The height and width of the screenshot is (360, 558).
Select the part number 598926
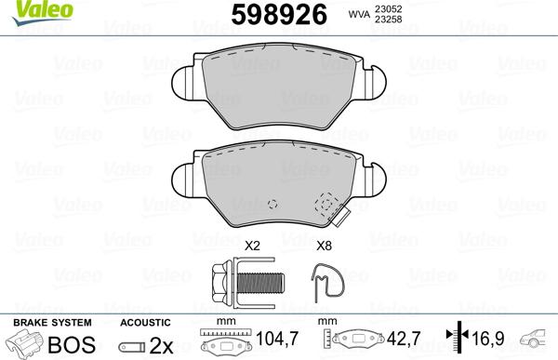[275, 16]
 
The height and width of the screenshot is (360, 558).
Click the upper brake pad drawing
[279, 88]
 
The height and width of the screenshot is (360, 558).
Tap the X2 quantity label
[250, 247]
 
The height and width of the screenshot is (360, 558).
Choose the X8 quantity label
[325, 247]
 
